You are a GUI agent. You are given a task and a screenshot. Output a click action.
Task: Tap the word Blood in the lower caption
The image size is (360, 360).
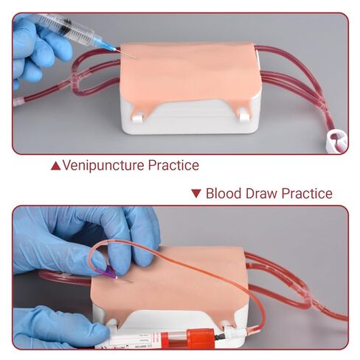click(224, 195)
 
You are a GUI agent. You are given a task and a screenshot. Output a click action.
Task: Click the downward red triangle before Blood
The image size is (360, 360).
click(196, 195)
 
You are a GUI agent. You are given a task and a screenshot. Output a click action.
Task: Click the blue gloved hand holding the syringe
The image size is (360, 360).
click(33, 48)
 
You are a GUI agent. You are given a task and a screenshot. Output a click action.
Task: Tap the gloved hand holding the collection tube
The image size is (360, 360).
click(52, 326)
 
